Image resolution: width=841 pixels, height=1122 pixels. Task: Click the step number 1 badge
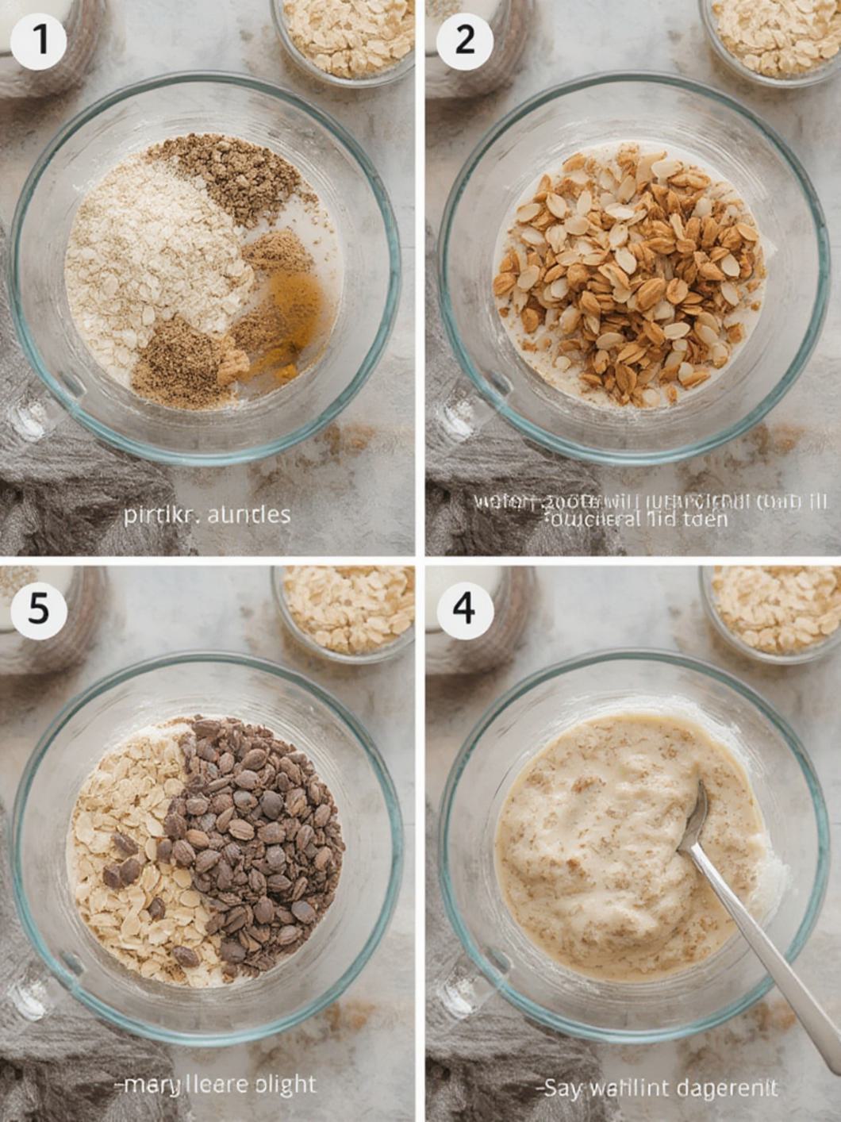click(37, 37)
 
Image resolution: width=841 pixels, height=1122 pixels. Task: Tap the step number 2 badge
click(465, 37)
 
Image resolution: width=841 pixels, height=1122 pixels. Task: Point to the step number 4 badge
click(465, 609)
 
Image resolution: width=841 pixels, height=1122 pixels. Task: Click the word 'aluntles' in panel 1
click(248, 515)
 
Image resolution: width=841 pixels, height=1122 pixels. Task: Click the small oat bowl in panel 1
click(345, 36)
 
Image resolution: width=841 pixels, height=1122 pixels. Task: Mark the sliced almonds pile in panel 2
click(627, 270)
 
